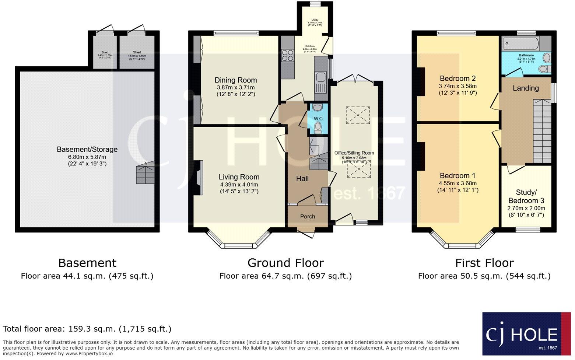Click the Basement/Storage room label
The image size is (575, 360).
coord(87,149)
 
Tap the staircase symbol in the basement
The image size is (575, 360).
coord(145,173)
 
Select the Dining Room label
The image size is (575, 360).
coord(235,80)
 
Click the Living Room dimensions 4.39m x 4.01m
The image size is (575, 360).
coord(239,185)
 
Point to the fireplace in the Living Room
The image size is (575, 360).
coord(199,178)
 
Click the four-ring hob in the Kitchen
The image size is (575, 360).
coord(288,55)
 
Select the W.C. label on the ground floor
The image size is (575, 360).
coord(318,118)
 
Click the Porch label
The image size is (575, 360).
coord(307,216)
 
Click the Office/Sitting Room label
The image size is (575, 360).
coord(354,153)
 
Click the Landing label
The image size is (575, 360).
coord(525,88)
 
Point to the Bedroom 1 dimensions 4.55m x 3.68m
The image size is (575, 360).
coord(457,183)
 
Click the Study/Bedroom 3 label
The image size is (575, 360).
coord(526,196)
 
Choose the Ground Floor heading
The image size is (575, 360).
coord(285,263)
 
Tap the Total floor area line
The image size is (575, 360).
coord(87,329)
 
